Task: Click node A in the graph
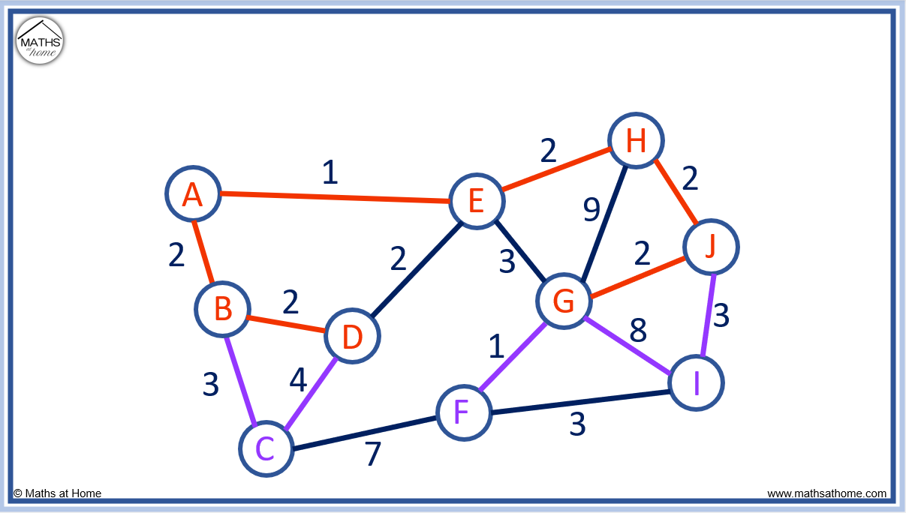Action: pyautogui.click(x=193, y=193)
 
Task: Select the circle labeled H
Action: pyautogui.click(x=636, y=141)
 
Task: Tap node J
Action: pyautogui.click(x=711, y=247)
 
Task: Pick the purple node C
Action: pyautogui.click(x=266, y=448)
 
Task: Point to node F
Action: pyautogui.click(x=464, y=412)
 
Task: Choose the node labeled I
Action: pyautogui.click(x=696, y=382)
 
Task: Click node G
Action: pyautogui.click(x=564, y=301)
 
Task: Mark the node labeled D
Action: pyautogui.click(x=352, y=336)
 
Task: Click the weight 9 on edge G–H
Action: pyautogui.click(x=591, y=210)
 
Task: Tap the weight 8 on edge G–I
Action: pyautogui.click(x=638, y=330)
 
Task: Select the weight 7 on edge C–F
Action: pyautogui.click(x=373, y=453)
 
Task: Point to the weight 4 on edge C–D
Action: pyautogui.click(x=298, y=379)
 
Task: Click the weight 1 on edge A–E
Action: pyautogui.click(x=330, y=172)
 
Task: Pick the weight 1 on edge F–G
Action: pyautogui.click(x=496, y=346)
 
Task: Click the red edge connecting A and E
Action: pyautogui.click(x=336, y=197)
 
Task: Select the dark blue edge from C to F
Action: pyautogui.click(x=365, y=433)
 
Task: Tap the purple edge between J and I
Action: pyautogui.click(x=709, y=315)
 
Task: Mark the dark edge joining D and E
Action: pyautogui.click(x=417, y=269)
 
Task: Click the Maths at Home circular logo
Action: pyautogui.click(x=40, y=40)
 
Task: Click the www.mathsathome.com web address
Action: pyautogui.click(x=826, y=493)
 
